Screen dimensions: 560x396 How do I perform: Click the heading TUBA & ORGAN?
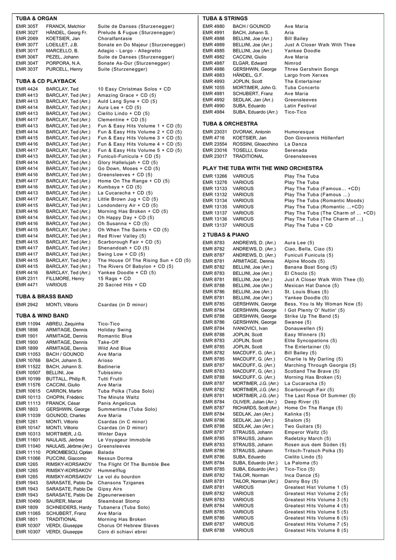37,18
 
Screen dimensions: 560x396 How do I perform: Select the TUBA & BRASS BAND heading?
44,297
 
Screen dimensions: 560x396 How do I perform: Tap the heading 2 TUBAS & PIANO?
226,235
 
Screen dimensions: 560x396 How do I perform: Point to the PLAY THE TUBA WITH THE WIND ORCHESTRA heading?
263,168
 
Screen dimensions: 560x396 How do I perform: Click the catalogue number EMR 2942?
27,305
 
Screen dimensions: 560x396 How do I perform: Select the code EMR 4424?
27,89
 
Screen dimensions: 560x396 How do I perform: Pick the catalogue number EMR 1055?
213,87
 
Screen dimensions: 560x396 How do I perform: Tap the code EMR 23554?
215,144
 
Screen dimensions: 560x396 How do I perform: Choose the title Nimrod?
293,63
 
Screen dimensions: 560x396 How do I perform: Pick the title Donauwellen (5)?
304,328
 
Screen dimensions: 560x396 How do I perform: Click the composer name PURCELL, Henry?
64,69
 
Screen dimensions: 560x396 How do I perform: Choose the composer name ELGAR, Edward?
249,63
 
